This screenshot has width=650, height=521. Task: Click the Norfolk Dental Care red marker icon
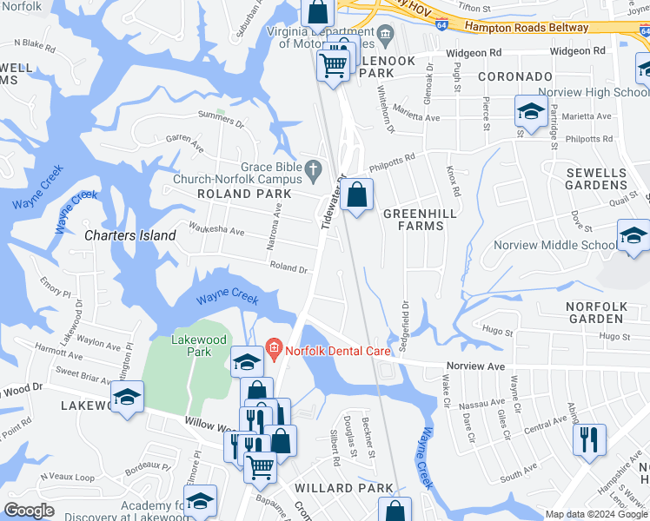coord(274,350)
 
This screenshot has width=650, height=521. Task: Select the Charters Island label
coord(130,235)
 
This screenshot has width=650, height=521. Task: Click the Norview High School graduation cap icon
coord(530,110)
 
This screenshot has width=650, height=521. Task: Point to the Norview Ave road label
coord(475,366)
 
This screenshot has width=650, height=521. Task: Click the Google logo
coord(30,511)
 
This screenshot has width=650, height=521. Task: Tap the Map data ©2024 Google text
coord(596,514)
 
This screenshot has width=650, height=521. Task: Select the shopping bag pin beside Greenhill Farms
coord(356,195)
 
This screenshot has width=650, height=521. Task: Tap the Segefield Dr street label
coord(404,326)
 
